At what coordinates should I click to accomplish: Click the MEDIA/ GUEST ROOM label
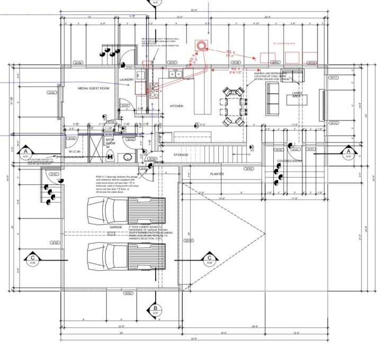tap(93, 88)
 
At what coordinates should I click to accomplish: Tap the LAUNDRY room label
tap(127, 80)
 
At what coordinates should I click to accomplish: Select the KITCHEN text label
tap(176, 106)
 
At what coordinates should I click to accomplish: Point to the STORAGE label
tap(181, 155)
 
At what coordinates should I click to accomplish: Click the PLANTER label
tap(217, 174)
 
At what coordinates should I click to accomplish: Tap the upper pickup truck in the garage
tap(127, 210)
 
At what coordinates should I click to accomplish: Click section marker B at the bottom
tap(155, 308)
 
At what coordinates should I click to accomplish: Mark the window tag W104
tap(128, 293)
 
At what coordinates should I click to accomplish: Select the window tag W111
tap(334, 78)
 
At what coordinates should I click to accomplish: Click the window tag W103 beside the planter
tap(248, 168)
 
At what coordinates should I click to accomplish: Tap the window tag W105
tap(55, 243)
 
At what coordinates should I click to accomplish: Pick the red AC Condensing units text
tap(284, 44)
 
